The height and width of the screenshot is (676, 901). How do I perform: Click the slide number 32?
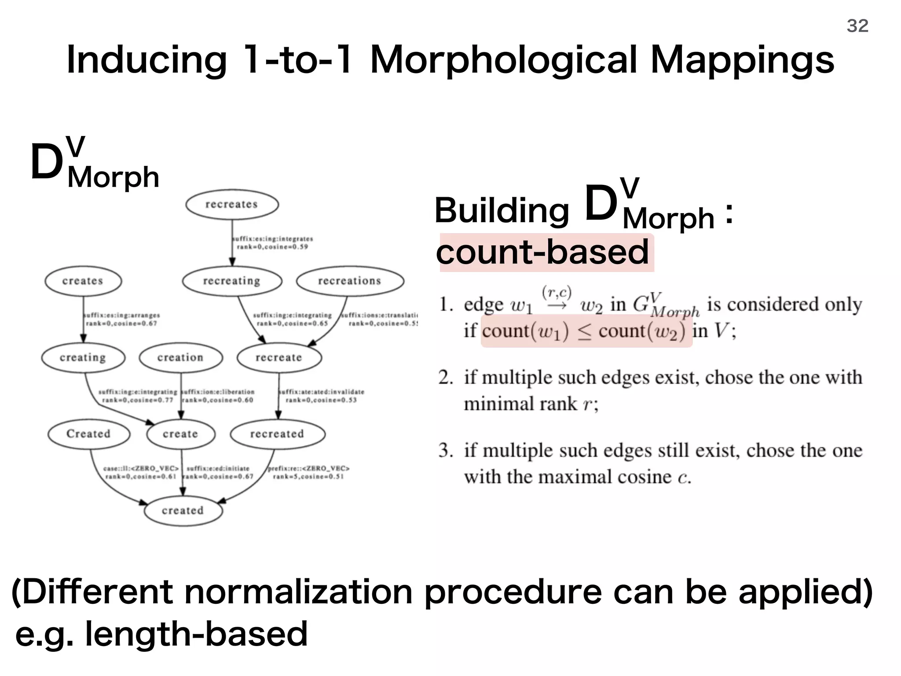point(857,26)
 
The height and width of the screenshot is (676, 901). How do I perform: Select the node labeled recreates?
point(232,205)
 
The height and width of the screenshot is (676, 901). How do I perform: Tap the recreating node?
point(232,281)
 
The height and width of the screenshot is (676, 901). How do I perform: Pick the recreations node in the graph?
point(350,281)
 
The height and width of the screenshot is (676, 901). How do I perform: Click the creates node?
point(83,281)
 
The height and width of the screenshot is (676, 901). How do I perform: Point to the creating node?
point(83,357)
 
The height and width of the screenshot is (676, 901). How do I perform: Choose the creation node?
point(181,357)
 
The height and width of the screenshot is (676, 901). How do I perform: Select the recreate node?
point(279,357)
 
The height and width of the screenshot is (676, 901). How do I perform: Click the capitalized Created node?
point(88,434)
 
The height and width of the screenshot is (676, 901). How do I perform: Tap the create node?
point(180,434)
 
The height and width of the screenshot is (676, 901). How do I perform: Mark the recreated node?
point(277,434)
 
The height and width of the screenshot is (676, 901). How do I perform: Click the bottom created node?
point(183,511)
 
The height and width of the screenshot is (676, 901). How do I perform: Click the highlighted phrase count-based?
point(542,252)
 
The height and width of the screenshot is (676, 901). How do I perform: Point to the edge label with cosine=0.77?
point(138,396)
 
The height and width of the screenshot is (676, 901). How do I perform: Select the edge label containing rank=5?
point(308,473)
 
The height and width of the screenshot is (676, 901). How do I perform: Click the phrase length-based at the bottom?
point(196,634)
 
